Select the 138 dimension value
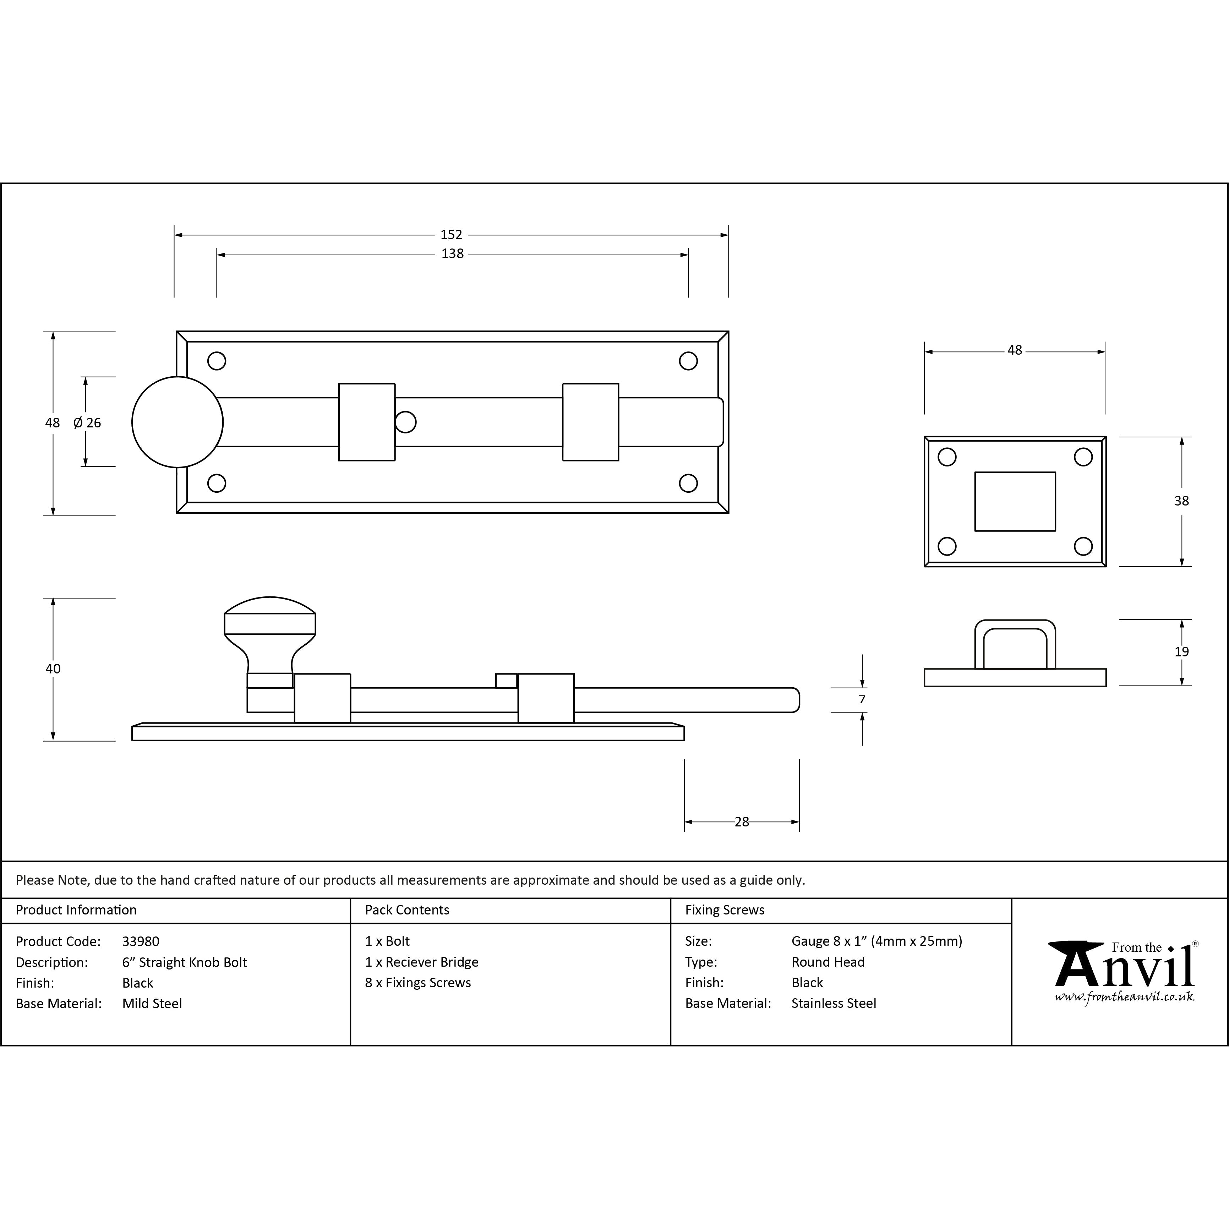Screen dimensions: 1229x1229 click(x=452, y=254)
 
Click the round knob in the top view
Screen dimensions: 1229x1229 click(x=177, y=422)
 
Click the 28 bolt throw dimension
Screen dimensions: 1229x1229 click(x=742, y=822)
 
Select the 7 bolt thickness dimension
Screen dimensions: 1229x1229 click(x=862, y=699)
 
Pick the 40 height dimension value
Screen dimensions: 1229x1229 click(x=53, y=668)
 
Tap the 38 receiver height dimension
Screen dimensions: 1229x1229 click(x=1181, y=501)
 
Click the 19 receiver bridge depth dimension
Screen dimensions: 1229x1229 click(x=1181, y=651)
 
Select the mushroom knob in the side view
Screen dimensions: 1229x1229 click(x=270, y=633)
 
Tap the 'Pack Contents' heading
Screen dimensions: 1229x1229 click(x=407, y=910)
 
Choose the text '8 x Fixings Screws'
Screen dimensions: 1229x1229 click(x=418, y=983)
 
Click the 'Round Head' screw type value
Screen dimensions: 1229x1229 click(x=827, y=962)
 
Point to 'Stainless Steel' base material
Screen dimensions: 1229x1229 click(x=833, y=1003)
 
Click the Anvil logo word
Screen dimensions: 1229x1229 click(x=1124, y=968)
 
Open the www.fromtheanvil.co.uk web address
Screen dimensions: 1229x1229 click(x=1124, y=997)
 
